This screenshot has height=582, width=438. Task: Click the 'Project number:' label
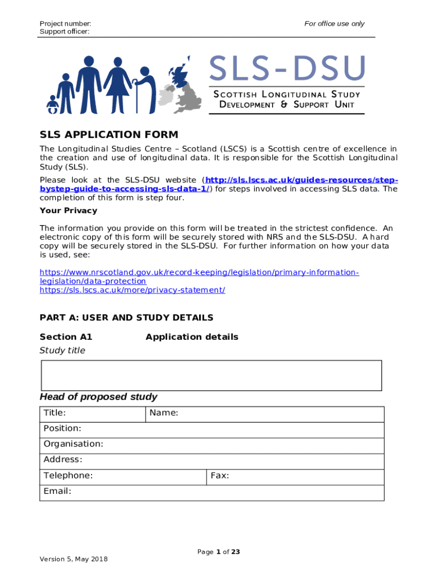[x=65, y=23]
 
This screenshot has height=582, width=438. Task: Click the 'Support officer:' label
[x=64, y=31]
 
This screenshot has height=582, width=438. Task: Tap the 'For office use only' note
[x=334, y=23]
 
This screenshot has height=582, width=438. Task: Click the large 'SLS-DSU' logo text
[x=287, y=69]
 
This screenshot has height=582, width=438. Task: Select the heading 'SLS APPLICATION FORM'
[x=109, y=135]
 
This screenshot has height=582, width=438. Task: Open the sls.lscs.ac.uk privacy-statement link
[x=132, y=290]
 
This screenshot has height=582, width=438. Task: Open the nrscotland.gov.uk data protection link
[x=199, y=273]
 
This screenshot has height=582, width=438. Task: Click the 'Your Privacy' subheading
[x=68, y=210]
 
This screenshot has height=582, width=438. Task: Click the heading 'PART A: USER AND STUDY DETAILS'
[x=126, y=318]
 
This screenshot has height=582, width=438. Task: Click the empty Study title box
[x=211, y=376]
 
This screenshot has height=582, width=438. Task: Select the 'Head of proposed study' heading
[x=98, y=397]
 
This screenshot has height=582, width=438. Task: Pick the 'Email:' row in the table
[x=212, y=492]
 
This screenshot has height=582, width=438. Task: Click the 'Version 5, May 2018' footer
[x=73, y=559]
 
